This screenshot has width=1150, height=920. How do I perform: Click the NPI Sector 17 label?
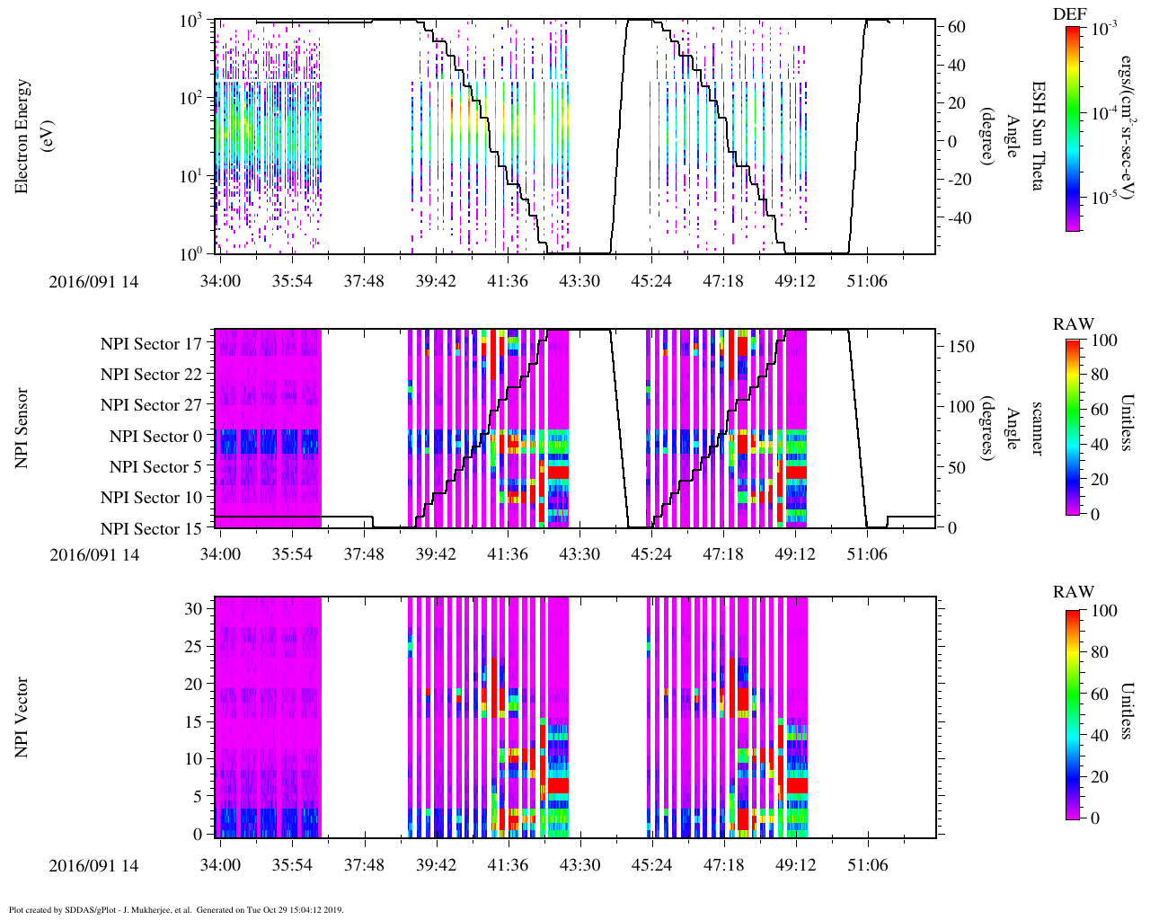[x=151, y=344]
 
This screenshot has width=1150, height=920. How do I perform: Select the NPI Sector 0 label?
[x=155, y=437]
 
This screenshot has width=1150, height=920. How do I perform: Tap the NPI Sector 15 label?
[x=151, y=529]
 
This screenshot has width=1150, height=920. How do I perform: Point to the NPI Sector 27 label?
[x=151, y=405]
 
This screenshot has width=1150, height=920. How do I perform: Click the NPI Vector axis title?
[x=22, y=717]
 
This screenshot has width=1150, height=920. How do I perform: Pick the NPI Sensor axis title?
[x=22, y=428]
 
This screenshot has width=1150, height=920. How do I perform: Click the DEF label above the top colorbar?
[x=1070, y=14]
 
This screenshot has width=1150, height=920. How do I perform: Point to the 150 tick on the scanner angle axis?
[x=962, y=347]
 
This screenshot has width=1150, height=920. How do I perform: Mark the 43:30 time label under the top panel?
[x=579, y=281]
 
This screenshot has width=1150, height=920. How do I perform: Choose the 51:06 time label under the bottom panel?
[x=867, y=866]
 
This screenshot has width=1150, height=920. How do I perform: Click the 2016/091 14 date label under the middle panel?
[x=94, y=555]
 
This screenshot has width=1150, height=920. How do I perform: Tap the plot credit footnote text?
[x=176, y=909]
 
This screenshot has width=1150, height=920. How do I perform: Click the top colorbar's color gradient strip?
[x=1072, y=128]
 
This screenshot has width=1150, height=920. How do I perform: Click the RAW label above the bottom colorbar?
[x=1074, y=592]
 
